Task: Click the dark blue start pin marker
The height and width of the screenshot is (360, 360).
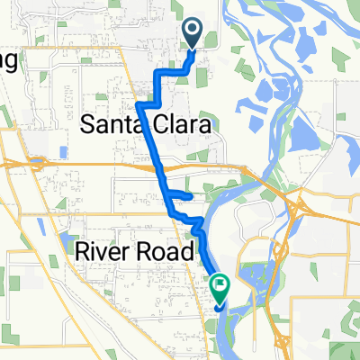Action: click(x=193, y=34)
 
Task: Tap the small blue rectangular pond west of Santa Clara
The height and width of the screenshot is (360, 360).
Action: click(x=62, y=151)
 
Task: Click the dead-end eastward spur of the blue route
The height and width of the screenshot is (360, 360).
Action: click(x=190, y=194)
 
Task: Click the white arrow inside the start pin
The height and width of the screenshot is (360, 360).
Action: click(x=193, y=32)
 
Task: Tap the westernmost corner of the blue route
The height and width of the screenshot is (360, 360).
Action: click(x=138, y=105)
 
